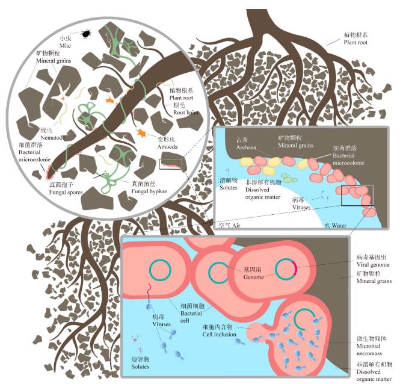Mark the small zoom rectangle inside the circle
(170, 163)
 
